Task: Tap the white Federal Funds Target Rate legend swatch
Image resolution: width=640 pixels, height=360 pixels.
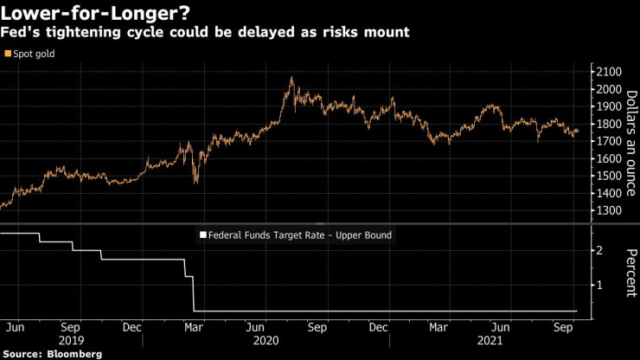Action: [x=203, y=235]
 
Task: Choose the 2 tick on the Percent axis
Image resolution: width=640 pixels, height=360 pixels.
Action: [x=598, y=250]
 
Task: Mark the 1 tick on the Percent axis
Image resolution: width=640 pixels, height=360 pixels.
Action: [x=598, y=285]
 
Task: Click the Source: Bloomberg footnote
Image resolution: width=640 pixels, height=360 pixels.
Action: [x=52, y=354]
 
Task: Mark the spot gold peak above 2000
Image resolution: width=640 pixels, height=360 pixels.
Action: [x=291, y=78]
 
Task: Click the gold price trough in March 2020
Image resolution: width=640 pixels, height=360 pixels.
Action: [x=195, y=182]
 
